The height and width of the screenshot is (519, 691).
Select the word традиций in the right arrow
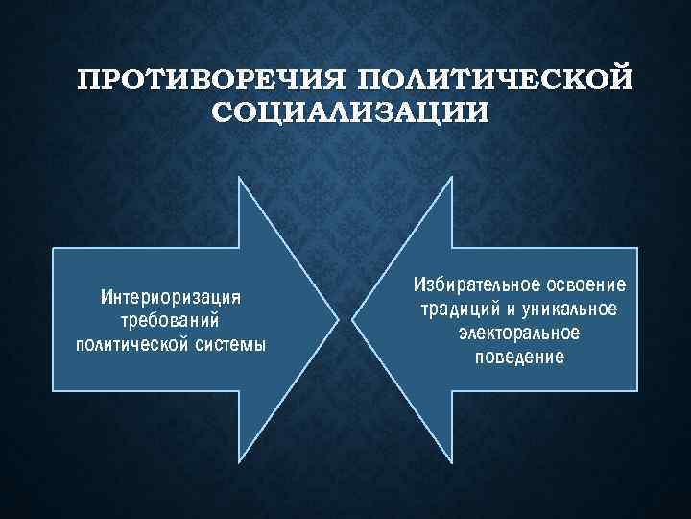coord(455,309)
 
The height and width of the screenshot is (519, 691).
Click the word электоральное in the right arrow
coord(519,334)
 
